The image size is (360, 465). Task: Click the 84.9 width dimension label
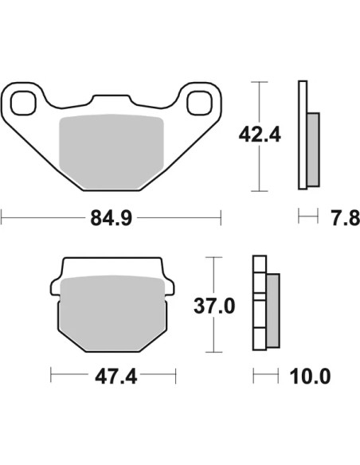[x=112, y=218]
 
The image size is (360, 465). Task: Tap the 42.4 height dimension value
[x=260, y=135]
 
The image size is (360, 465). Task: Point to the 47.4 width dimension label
[x=116, y=377]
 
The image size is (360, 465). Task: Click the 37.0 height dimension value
[x=214, y=306]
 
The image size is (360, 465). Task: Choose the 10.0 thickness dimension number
[x=310, y=377]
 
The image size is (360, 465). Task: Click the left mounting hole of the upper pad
[x=23, y=103]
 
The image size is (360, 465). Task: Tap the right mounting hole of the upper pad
[x=200, y=103]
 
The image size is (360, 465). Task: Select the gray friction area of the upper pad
[x=112, y=152]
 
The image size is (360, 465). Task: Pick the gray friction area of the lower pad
[x=112, y=314]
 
